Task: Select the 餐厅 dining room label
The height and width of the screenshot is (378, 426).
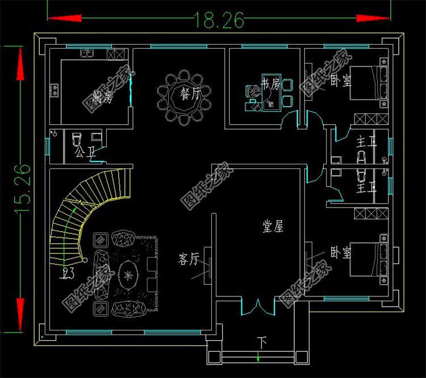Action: pyautogui.click(x=190, y=95)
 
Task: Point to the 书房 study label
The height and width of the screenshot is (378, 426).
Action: pyautogui.click(x=270, y=85)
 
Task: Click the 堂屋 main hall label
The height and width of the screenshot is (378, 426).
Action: pyautogui.click(x=273, y=227)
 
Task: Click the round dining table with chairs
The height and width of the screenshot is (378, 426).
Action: pyautogui.click(x=184, y=97)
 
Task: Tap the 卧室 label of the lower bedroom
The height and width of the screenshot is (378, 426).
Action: pyautogui.click(x=340, y=253)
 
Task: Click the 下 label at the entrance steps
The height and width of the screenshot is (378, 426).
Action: pyautogui.click(x=261, y=342)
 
